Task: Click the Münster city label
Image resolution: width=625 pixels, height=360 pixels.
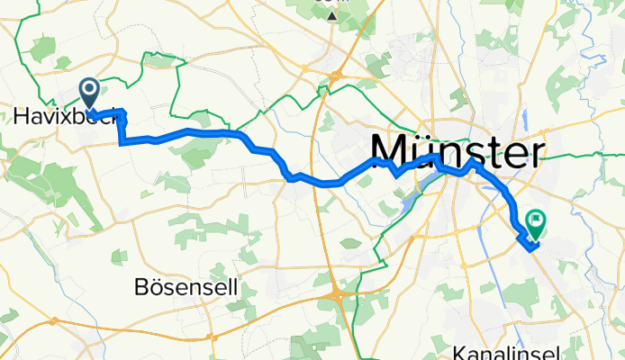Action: [x=458, y=149]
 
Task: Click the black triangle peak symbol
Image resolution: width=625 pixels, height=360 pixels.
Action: [x=333, y=16]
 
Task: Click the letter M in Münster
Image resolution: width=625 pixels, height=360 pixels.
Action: [x=390, y=149]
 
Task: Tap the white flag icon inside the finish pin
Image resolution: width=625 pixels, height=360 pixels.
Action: [x=537, y=219]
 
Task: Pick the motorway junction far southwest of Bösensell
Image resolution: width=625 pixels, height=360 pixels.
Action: [x=54, y=320]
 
